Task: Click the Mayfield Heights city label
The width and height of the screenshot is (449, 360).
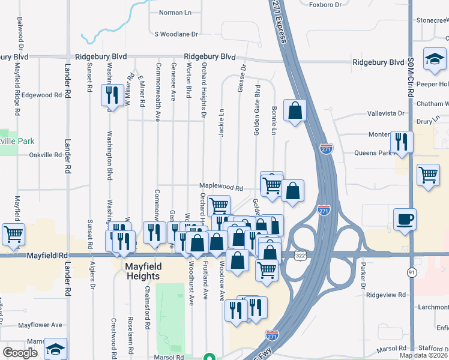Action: click(142, 271)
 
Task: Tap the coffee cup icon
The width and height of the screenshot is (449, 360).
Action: click(404, 218)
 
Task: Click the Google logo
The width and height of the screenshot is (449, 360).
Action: click(20, 353)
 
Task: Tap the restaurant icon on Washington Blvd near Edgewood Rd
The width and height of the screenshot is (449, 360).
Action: click(112, 94)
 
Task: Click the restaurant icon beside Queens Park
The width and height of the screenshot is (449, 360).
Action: click(400, 141)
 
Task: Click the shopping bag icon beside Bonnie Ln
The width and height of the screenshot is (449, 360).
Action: click(295, 110)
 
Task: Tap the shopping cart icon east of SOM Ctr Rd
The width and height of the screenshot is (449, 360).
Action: click(428, 175)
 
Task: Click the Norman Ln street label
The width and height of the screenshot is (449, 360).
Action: click(175, 13)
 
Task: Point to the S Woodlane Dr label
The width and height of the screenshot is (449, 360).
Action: click(176, 34)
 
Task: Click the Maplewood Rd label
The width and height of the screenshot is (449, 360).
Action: click(221, 188)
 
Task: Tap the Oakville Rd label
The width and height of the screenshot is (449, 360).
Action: click(46, 155)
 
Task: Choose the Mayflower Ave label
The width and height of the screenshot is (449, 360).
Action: click(40, 325)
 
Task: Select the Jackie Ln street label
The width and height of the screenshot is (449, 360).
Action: click(221, 123)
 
